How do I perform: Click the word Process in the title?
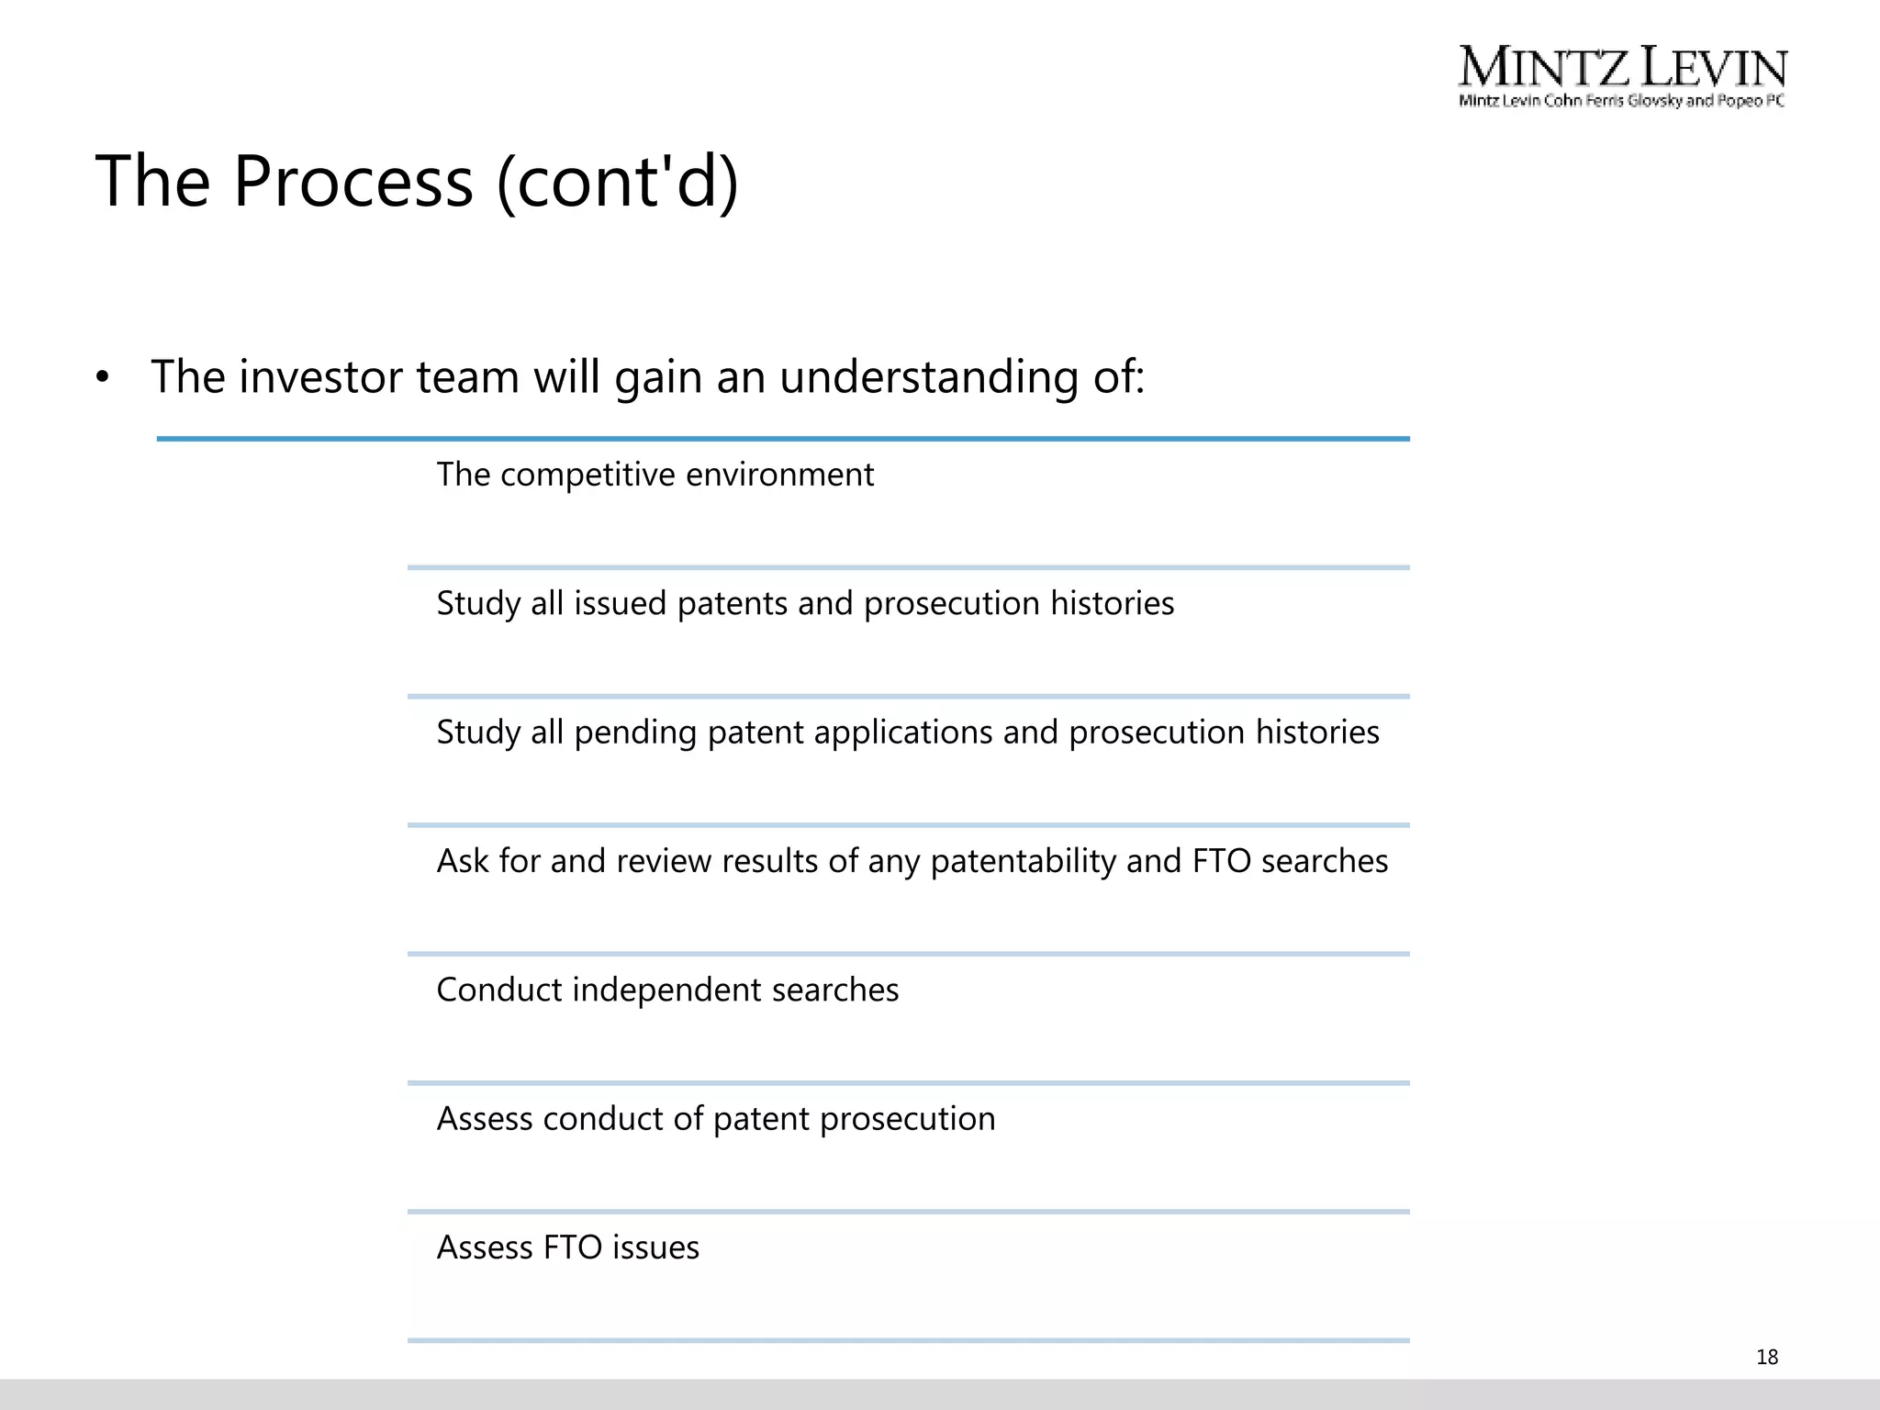pos(352,181)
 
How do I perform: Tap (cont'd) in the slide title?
pos(617,181)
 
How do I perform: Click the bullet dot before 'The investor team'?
pos(102,377)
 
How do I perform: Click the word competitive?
pos(587,475)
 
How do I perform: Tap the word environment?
pos(779,475)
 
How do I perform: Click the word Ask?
pos(462,861)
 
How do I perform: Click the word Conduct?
pos(487,990)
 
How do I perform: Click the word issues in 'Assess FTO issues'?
pos(655,1248)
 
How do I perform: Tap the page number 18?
pos(1766,1357)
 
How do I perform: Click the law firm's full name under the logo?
pos(1621,100)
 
